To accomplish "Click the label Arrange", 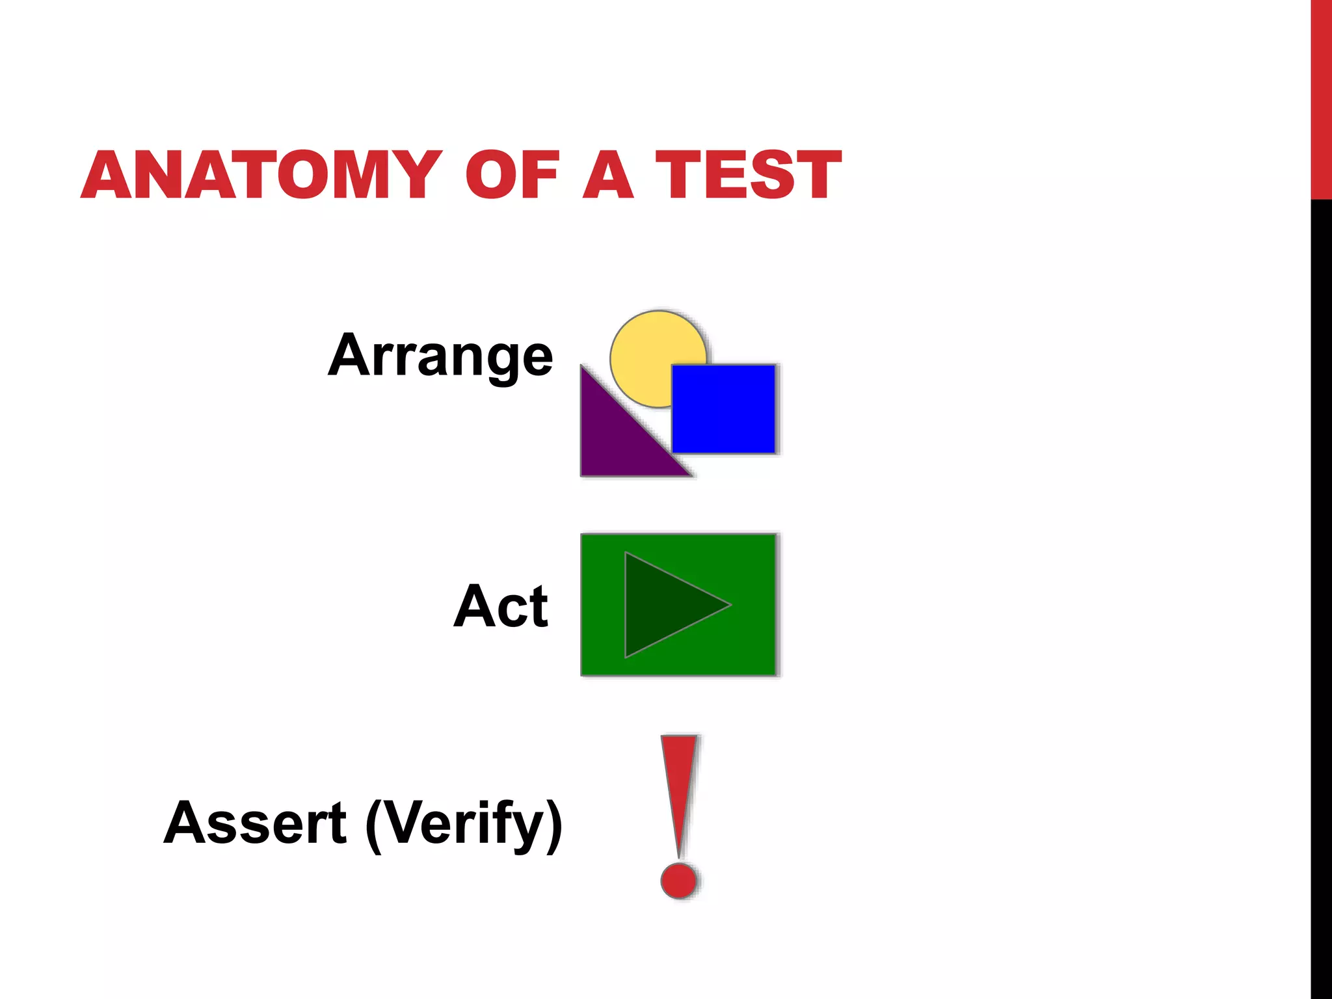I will (x=440, y=356).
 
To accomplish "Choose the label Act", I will (x=501, y=606).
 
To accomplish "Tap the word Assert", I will (x=255, y=823).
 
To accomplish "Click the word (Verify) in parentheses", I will (x=464, y=825).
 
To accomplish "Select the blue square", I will (x=723, y=408).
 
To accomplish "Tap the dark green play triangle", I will (x=663, y=605).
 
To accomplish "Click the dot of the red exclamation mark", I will (x=679, y=880).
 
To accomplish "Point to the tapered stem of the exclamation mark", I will (x=679, y=787).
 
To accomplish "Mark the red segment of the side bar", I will (x=1321, y=98).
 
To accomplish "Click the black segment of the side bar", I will (x=1321, y=585).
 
